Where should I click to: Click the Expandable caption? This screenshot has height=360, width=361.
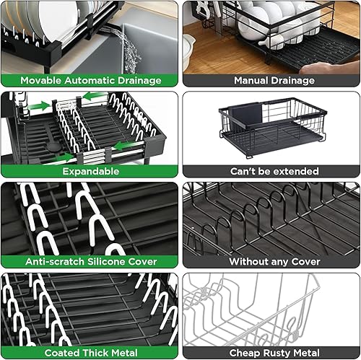coord(90,172)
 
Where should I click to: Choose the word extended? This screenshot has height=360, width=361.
coord(297,172)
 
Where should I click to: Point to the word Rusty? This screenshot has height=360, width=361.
coord(278,353)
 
